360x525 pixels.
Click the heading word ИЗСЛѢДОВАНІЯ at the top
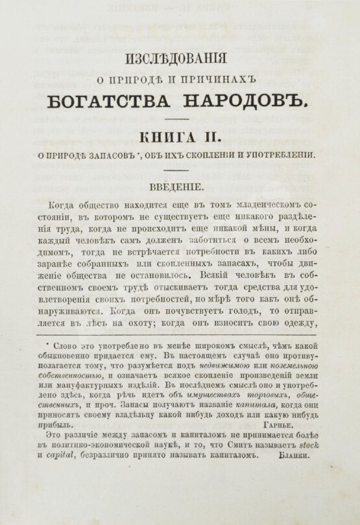tap(179, 59)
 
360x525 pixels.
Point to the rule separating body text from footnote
tap(180, 329)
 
